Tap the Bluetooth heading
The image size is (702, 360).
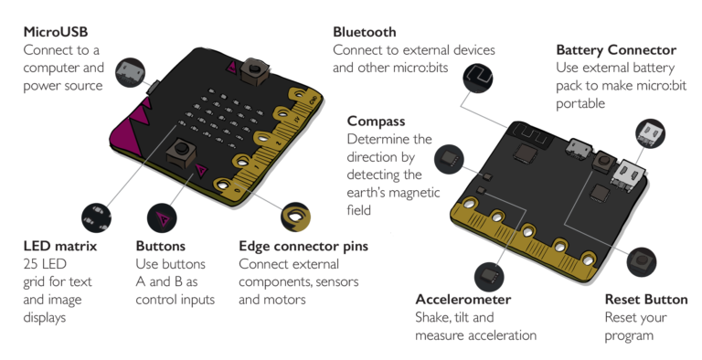366,32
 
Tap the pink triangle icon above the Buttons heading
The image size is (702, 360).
164,217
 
